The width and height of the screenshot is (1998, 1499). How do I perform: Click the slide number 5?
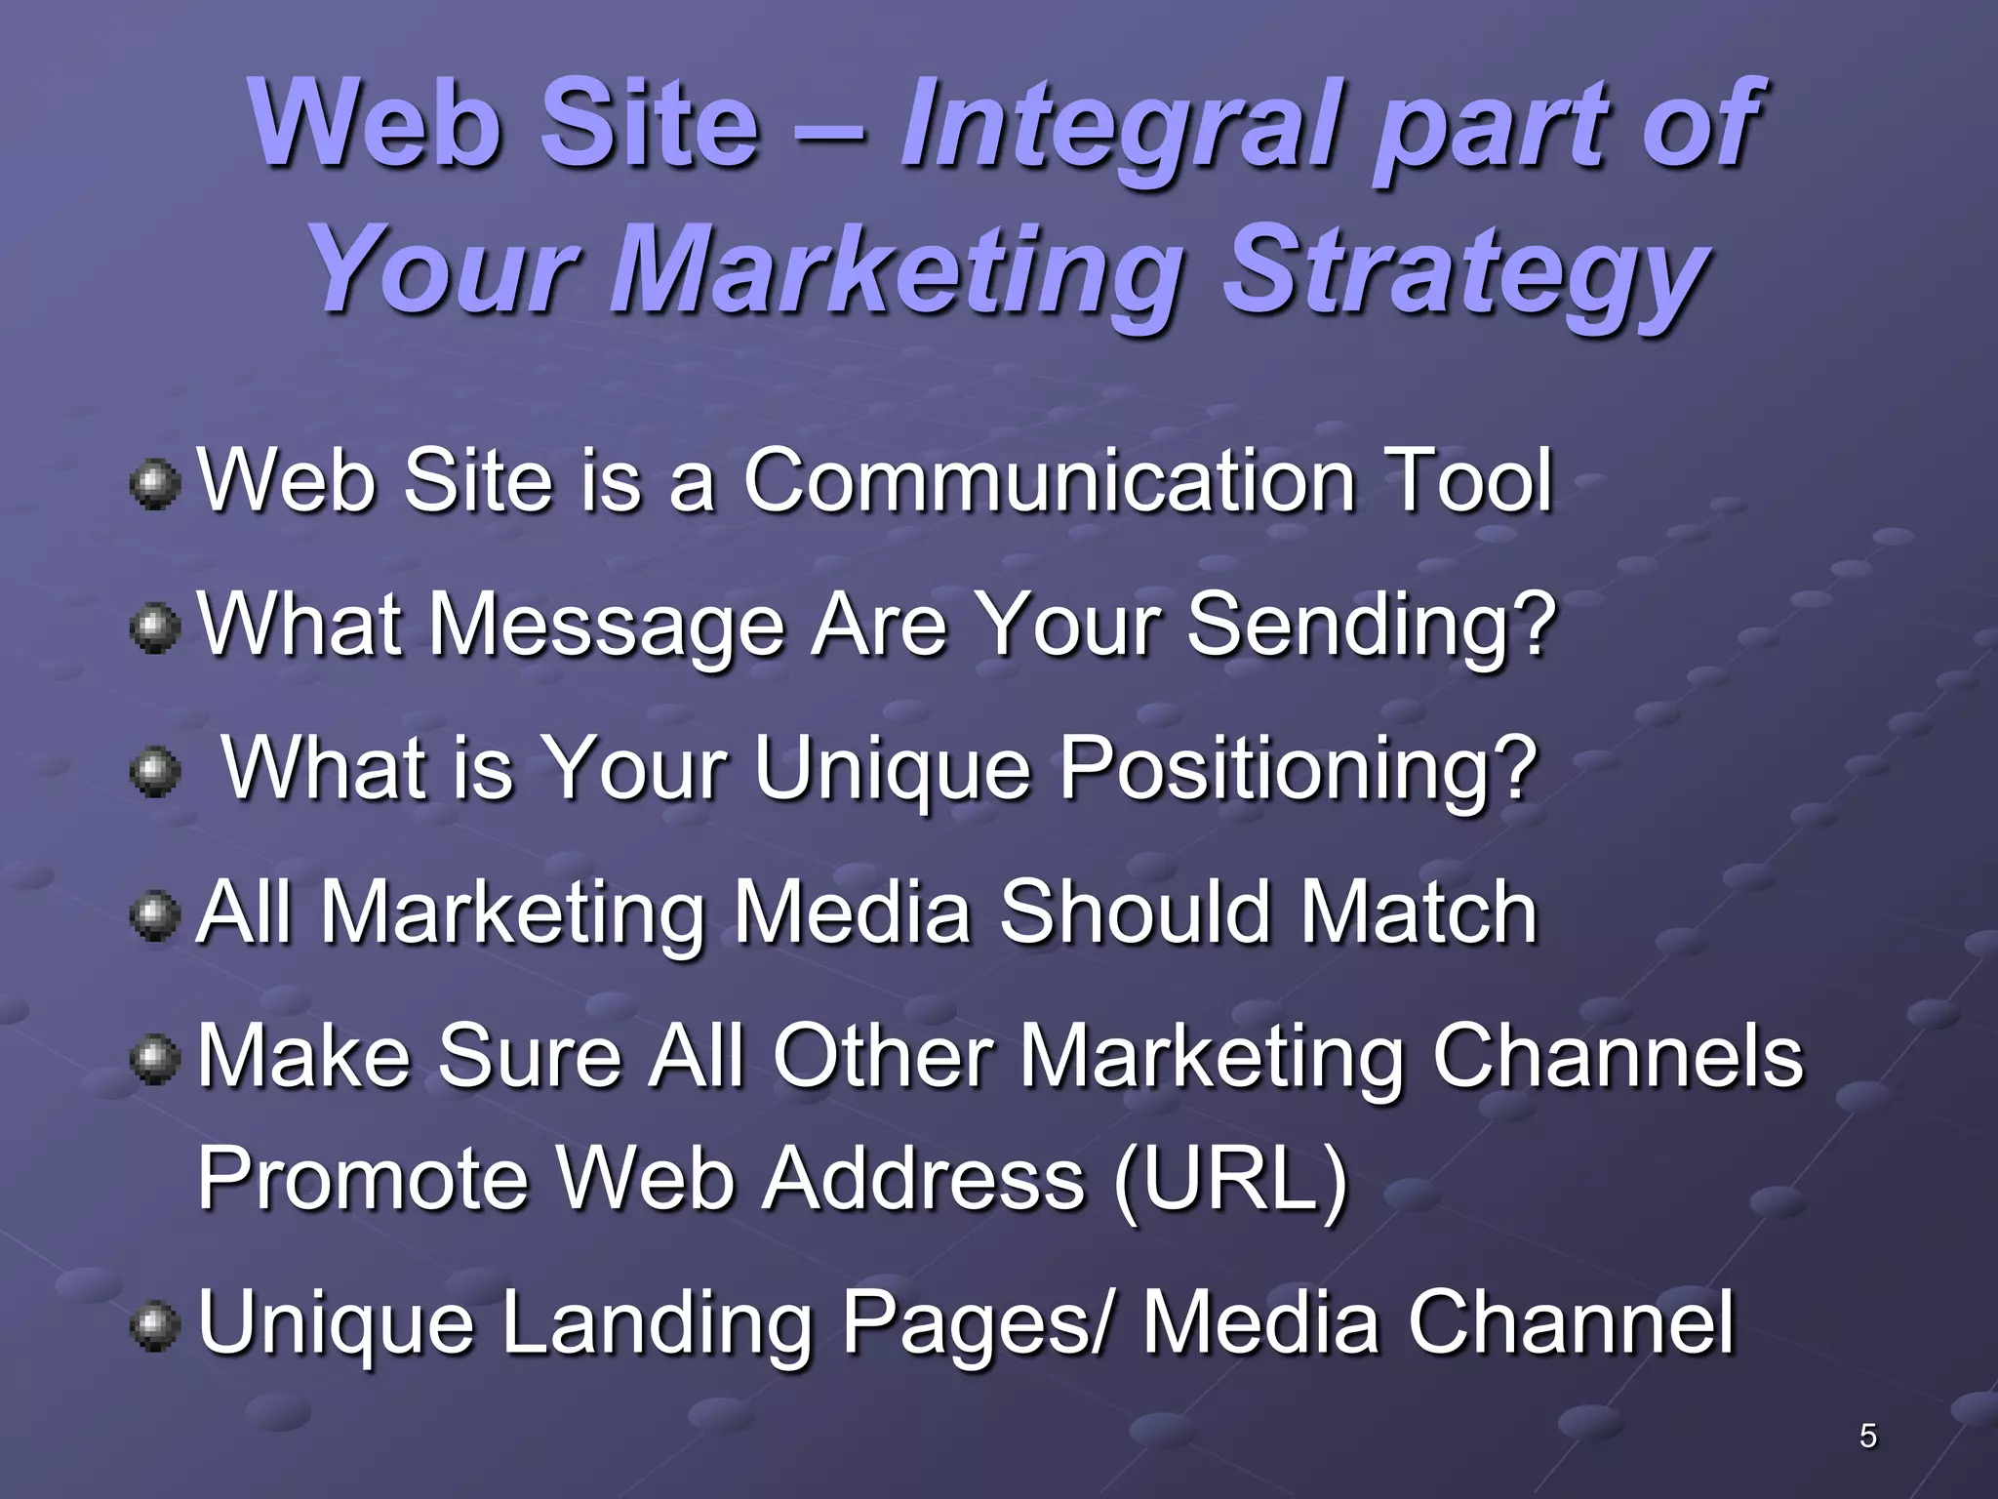click(1867, 1436)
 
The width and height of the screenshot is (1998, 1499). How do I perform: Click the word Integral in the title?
click(1122, 127)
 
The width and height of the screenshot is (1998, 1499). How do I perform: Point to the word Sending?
click(1371, 625)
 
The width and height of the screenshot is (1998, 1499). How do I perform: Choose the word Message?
click(606, 625)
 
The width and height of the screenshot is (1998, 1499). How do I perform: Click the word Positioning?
click(1299, 769)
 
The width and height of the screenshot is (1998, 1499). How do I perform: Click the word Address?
click(923, 1179)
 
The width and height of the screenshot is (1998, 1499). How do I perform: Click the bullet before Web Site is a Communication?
click(154, 485)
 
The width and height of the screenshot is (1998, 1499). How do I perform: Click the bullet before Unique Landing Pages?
click(154, 1328)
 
